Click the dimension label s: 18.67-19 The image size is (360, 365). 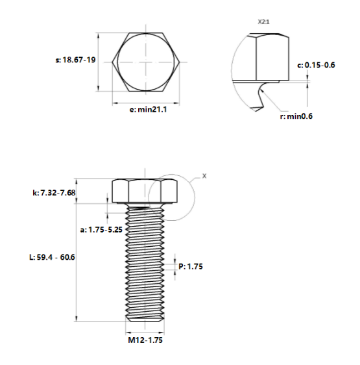(77, 60)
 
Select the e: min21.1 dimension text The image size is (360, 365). (149, 110)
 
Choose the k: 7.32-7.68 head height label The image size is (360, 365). (54, 193)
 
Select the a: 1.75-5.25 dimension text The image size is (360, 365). (101, 229)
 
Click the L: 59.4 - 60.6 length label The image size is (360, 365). (53, 257)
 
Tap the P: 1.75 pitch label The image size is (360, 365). (191, 266)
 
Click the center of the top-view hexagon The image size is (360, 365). (147, 62)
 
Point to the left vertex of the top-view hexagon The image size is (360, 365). (114, 62)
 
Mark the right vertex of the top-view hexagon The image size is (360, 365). (180, 62)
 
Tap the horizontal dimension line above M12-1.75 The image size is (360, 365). (145, 330)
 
